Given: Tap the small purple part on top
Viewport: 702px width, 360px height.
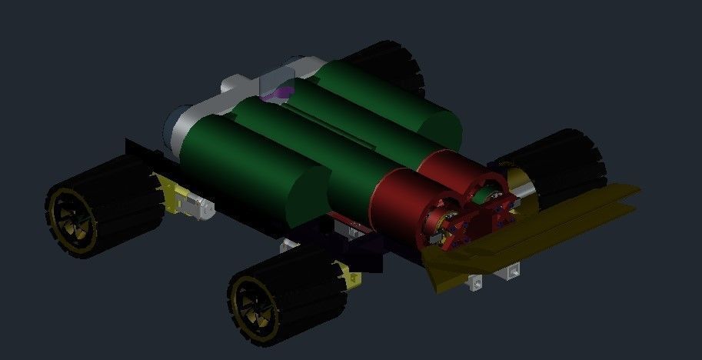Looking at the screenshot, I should point(278,94).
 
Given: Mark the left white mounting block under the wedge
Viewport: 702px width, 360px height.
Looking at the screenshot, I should point(476,282).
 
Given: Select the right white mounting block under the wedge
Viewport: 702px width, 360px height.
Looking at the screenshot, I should point(510,270).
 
